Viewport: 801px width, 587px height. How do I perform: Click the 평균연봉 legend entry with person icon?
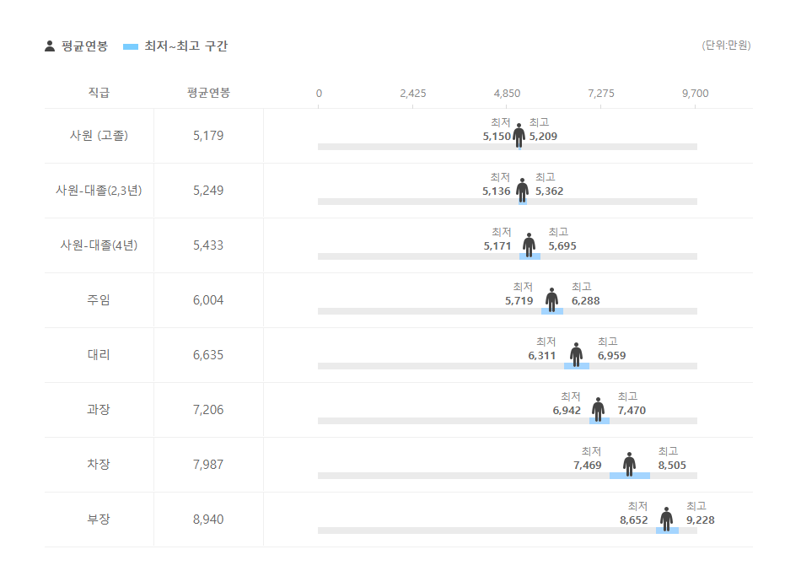[x=76, y=46]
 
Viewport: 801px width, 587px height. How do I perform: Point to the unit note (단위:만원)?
[x=725, y=46]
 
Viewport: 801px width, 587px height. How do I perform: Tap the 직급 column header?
[x=99, y=93]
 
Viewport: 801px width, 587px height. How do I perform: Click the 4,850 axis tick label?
[x=507, y=93]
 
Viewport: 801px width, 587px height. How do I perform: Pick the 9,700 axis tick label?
[x=695, y=93]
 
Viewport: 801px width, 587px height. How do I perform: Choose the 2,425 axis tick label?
[x=413, y=93]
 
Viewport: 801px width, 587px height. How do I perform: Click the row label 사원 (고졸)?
[x=99, y=136]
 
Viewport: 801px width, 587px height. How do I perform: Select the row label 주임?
[x=99, y=300]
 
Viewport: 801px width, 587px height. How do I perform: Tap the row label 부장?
[x=99, y=520]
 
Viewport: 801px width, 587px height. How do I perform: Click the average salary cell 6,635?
[x=208, y=355]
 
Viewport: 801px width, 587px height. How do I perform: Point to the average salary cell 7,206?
[x=208, y=410]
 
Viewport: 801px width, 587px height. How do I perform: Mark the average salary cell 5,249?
[x=208, y=191]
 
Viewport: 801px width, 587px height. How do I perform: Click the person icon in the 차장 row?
[x=629, y=463]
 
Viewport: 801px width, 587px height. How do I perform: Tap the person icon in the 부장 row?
[x=666, y=518]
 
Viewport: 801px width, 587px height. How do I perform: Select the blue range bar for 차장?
[x=630, y=476]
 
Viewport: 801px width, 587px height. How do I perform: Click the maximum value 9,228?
[x=700, y=520]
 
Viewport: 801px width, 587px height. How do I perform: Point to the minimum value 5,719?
[x=519, y=301]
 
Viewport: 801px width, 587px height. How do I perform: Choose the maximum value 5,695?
[x=562, y=246]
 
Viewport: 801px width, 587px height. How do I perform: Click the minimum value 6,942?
[x=567, y=411]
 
